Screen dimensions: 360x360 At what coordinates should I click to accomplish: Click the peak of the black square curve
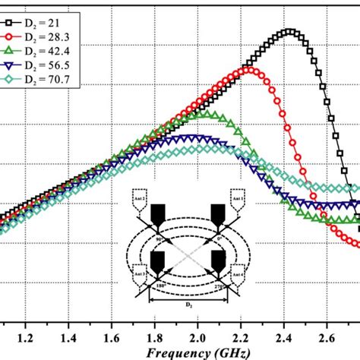pos(289,32)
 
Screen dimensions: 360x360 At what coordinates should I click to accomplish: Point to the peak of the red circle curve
pos(248,70)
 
